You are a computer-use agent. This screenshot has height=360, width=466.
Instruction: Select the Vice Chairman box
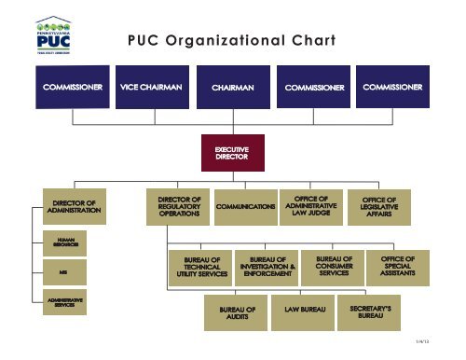151,87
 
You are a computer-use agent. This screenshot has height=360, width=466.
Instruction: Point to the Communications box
246,206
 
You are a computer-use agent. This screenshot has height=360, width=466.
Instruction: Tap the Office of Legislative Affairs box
386,206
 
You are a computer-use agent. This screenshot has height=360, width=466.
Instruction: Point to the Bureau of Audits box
230,312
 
